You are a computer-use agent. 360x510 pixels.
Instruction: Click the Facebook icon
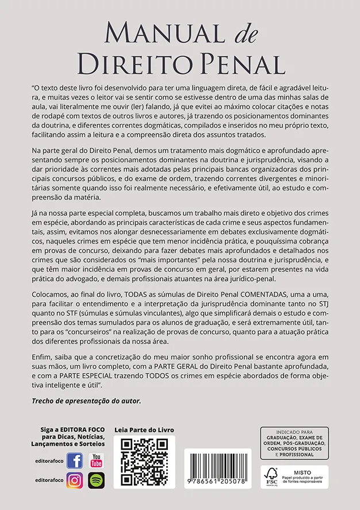pyautogui.click(x=75, y=460)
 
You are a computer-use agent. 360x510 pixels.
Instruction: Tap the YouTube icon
pyautogui.click(x=96, y=460)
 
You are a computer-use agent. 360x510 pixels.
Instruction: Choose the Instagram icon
pyautogui.click(x=75, y=480)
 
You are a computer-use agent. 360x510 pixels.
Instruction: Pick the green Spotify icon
pyautogui.click(x=96, y=480)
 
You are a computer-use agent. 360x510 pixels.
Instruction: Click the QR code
pyautogui.click(x=144, y=462)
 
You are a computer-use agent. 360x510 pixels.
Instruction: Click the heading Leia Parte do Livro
pyautogui.click(x=144, y=430)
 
